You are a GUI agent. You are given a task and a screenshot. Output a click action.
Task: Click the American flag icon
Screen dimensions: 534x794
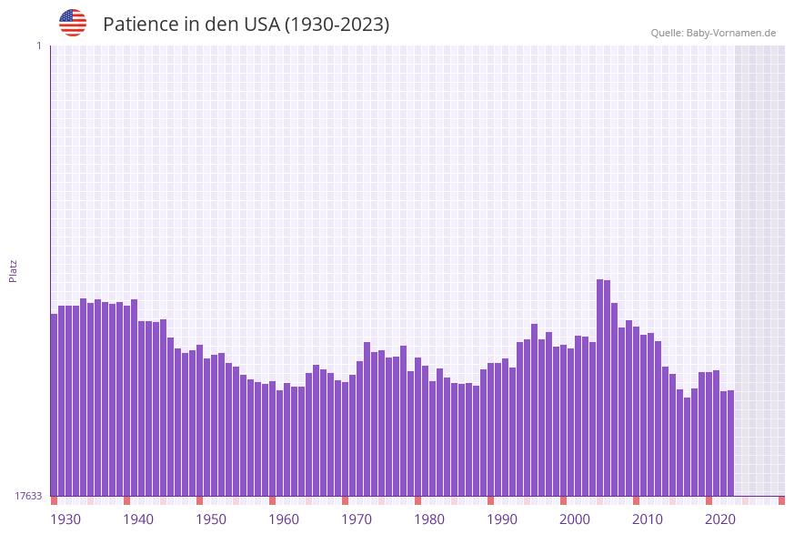(73, 23)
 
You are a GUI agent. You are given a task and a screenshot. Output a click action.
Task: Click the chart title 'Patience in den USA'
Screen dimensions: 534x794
(246, 25)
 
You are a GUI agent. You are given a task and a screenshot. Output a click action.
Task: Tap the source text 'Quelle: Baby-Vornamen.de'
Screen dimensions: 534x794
(713, 33)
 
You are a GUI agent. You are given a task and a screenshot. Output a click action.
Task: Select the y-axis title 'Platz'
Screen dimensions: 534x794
(14, 270)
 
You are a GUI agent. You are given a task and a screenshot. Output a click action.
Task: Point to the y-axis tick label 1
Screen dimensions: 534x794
(38, 45)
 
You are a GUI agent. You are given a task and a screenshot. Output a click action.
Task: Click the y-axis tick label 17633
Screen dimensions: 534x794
(27, 496)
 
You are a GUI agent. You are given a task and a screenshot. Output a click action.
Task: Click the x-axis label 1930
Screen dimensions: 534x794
(65, 519)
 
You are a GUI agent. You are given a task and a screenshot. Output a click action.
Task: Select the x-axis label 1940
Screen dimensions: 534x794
(138, 519)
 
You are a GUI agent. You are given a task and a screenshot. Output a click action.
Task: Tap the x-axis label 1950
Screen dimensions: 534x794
(211, 519)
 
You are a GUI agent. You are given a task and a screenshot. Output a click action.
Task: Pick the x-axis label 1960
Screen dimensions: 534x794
(284, 519)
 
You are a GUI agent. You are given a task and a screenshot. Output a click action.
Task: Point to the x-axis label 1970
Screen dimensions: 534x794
(357, 519)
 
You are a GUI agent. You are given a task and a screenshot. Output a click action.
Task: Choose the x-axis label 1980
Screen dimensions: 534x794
(429, 519)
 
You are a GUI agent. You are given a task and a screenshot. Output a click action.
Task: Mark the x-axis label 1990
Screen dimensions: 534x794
(502, 519)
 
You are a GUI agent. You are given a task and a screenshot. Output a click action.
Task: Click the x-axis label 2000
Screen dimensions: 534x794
(575, 519)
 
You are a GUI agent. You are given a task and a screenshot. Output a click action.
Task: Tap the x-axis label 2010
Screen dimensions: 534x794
(648, 519)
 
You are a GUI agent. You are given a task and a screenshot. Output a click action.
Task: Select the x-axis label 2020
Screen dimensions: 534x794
(720, 519)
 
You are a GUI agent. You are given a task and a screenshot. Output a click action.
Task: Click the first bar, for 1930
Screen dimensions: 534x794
(54, 405)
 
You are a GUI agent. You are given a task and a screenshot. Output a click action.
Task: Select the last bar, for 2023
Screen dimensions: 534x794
(730, 443)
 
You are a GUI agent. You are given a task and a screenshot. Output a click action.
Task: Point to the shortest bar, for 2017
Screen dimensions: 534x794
(687, 447)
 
